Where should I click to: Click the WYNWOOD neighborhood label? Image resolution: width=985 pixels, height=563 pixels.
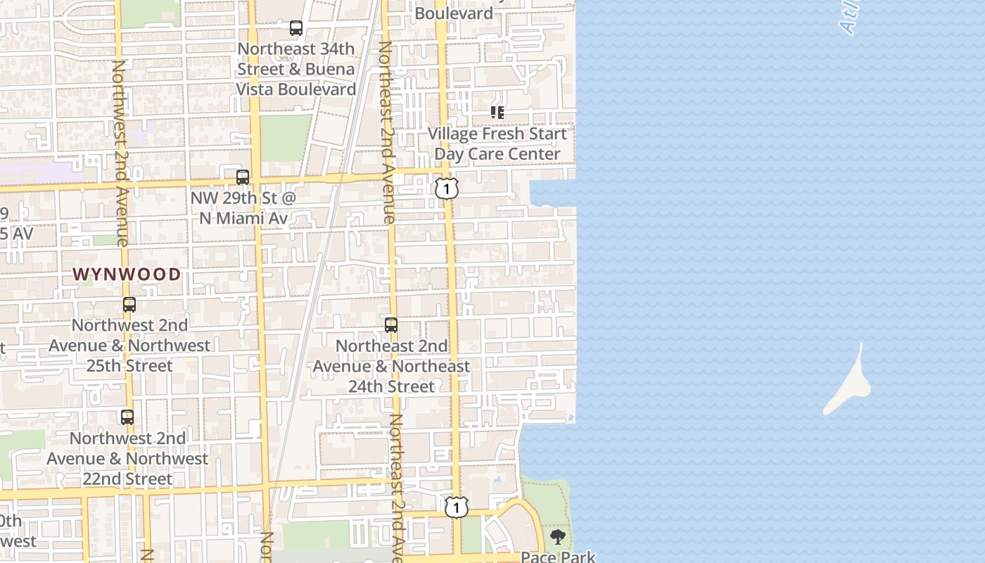click(127, 274)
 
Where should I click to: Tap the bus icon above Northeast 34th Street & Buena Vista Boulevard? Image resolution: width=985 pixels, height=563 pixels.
click(296, 29)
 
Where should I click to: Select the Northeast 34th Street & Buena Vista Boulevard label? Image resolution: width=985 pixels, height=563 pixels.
click(296, 69)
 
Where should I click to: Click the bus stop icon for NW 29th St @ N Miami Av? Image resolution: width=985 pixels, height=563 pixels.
click(243, 177)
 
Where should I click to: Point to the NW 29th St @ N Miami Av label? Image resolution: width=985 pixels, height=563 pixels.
click(243, 208)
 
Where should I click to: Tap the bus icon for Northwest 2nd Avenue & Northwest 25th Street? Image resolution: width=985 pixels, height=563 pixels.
click(129, 305)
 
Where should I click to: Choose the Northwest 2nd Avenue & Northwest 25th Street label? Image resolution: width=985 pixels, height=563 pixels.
click(129, 346)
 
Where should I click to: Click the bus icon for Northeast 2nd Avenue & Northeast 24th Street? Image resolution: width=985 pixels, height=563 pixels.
click(391, 325)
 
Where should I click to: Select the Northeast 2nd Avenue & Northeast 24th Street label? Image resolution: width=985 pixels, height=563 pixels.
click(391, 366)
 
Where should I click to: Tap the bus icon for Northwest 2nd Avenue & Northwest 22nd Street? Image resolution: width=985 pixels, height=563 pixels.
click(127, 417)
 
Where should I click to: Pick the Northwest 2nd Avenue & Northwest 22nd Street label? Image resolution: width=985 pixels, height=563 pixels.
click(127, 459)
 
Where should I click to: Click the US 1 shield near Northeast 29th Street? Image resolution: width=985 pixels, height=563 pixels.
click(447, 189)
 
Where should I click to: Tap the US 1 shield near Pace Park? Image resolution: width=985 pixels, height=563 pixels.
click(457, 507)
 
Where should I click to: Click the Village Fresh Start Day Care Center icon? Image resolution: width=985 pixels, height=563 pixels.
click(497, 113)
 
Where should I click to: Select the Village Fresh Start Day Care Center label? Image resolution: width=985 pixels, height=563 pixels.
click(497, 144)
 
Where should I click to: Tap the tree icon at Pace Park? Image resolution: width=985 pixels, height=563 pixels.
click(558, 538)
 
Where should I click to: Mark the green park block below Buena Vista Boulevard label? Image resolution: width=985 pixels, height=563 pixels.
click(286, 137)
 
